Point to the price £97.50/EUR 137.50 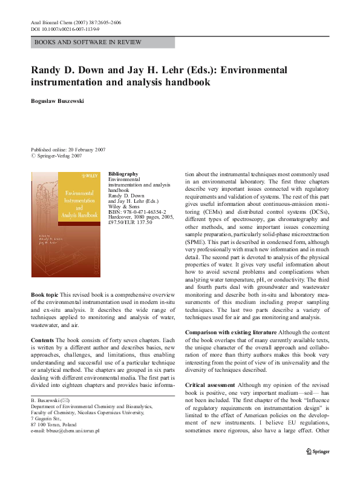click(x=130, y=223)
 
